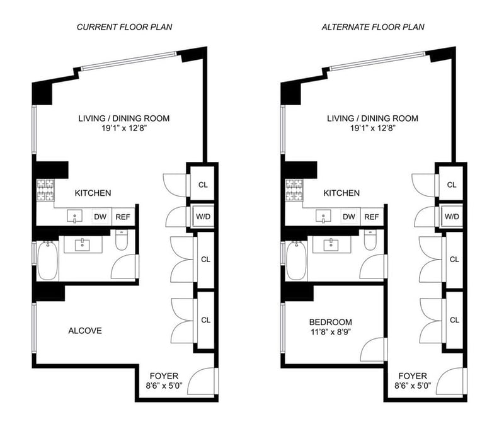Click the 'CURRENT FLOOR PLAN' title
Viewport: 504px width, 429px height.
coord(124,27)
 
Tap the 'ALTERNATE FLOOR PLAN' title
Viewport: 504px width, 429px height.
coord(373,27)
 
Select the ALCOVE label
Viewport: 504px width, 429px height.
coord(85,331)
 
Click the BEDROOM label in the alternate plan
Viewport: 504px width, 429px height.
coord(330,322)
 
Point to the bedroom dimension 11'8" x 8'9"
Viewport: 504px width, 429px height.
coord(330,331)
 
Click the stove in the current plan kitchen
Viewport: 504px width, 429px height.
coord(45,190)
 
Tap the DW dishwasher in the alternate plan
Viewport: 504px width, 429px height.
coord(349,217)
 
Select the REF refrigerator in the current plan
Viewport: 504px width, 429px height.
coord(123,217)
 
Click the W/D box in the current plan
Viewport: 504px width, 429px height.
coord(203,216)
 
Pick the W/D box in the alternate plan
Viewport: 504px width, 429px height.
coord(452,216)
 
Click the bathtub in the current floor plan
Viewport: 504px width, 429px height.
coord(48,261)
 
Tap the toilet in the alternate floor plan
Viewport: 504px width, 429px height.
coord(370,240)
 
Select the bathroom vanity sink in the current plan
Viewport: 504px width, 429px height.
coord(83,245)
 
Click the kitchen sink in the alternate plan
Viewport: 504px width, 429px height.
coord(323,216)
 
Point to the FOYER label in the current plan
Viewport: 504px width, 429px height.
coord(164,376)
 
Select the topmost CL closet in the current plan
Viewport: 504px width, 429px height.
coord(203,185)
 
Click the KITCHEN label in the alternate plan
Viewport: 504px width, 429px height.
coord(341,193)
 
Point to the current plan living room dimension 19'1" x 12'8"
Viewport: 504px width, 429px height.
coord(124,129)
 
